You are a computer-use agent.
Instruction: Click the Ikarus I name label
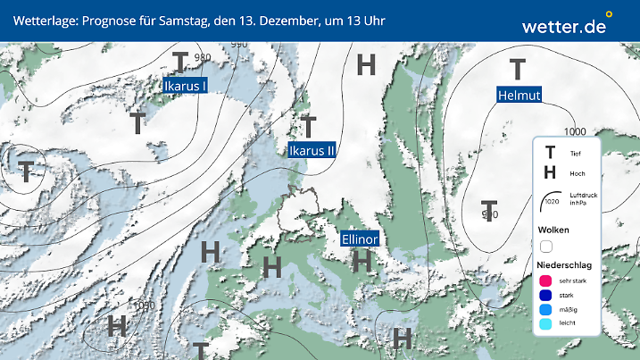(x=186, y=86)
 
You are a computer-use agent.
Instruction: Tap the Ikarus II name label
(x=312, y=150)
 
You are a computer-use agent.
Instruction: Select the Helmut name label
(x=519, y=95)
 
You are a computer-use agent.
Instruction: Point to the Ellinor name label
(x=361, y=239)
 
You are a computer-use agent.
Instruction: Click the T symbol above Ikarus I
(x=180, y=63)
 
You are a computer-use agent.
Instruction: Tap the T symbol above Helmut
(x=517, y=69)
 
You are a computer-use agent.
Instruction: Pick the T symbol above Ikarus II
(x=309, y=126)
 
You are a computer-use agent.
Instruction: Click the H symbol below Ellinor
(x=362, y=261)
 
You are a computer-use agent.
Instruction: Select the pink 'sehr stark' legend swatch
(x=546, y=280)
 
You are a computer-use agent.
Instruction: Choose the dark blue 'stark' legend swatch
(x=546, y=296)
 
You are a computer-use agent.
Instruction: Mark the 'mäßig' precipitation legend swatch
(x=546, y=311)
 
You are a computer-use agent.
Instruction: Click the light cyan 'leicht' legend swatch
(x=546, y=326)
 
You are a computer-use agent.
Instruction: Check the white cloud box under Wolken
(x=546, y=246)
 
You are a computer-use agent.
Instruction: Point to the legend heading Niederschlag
(x=565, y=265)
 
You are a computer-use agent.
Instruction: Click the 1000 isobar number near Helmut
(x=575, y=132)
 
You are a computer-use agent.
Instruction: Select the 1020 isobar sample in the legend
(x=551, y=202)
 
